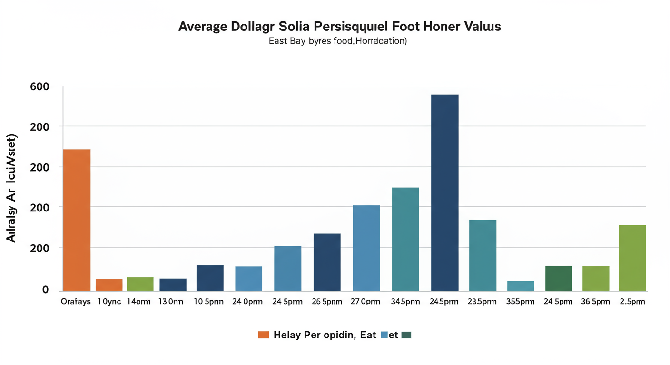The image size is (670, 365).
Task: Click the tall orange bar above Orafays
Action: pyautogui.click(x=77, y=220)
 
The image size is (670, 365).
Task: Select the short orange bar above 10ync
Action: pyautogui.click(x=109, y=285)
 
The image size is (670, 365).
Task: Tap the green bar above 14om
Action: pyautogui.click(x=140, y=284)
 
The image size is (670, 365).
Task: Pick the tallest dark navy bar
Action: pyautogui.click(x=444, y=192)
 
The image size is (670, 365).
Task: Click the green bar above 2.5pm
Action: pyautogui.click(x=632, y=258)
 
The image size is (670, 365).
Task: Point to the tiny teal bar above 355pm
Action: pyautogui.click(x=521, y=286)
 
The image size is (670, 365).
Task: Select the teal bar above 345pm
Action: pyautogui.click(x=405, y=239)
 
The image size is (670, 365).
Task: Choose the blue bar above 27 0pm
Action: pyautogui.click(x=366, y=248)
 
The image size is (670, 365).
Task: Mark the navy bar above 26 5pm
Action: pyautogui.click(x=327, y=262)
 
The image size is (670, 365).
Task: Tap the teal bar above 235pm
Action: pyautogui.click(x=483, y=255)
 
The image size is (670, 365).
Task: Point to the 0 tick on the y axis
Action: pyautogui.click(x=46, y=289)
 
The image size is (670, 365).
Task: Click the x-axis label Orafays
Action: pyautogui.click(x=76, y=302)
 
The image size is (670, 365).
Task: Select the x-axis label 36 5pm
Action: pyautogui.click(x=596, y=302)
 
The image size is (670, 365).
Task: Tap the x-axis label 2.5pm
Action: pyautogui.click(x=632, y=302)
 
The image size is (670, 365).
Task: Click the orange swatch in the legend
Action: pyautogui.click(x=263, y=335)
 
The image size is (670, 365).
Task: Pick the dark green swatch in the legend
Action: pyautogui.click(x=406, y=335)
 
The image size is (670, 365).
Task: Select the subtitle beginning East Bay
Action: pyautogui.click(x=337, y=41)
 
